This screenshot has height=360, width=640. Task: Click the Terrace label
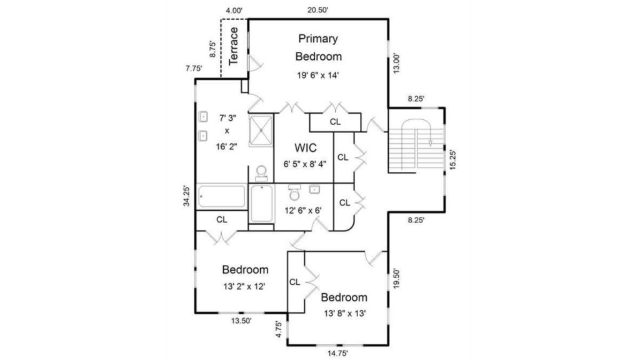pos(234,46)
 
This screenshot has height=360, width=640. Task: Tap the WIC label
pos(306,147)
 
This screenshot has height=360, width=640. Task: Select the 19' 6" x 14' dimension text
pos(318,75)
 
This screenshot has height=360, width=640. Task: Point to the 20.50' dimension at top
pos(318,10)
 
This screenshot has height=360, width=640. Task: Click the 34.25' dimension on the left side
pos(186,196)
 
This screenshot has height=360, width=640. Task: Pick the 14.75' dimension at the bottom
pos(337,354)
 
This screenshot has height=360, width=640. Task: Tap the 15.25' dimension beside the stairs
pos(452,159)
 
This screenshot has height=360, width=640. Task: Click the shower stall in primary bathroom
pos(261,130)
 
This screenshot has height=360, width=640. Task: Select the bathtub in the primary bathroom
pos(222,197)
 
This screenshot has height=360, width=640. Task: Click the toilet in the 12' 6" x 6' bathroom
pos(294,192)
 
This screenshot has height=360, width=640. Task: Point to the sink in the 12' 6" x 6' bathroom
pos(314,189)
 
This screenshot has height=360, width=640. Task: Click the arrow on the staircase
pos(430,142)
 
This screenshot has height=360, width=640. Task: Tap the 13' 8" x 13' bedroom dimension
pos(345,314)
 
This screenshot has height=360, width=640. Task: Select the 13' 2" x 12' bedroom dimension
pos(244,286)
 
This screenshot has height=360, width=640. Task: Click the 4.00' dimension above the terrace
pos(234,11)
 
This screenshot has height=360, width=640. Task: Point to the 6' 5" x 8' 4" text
pos(305,164)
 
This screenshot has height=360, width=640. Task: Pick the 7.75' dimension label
pos(194,69)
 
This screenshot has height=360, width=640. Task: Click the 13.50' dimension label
pos(241,321)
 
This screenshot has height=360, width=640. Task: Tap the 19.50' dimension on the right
pos(396,278)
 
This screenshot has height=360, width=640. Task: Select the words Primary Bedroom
pos(318,47)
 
